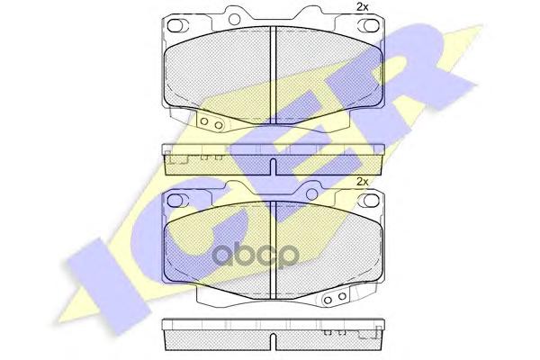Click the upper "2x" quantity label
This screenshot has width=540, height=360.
tap(362, 7)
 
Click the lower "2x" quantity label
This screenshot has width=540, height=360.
tap(362, 182)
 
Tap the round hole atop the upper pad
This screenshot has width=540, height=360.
tap(235, 19)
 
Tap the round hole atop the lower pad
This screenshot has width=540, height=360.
tap(312, 194)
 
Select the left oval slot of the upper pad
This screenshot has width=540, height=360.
tap(175, 25)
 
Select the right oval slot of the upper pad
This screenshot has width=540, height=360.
tap(365, 25)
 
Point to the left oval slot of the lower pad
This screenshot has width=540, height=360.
tap(175, 200)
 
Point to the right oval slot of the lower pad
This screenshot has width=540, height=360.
tap(365, 200)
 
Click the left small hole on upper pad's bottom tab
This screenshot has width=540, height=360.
tap(204, 121)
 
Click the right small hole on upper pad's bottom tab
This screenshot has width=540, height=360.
tap(218, 125)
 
